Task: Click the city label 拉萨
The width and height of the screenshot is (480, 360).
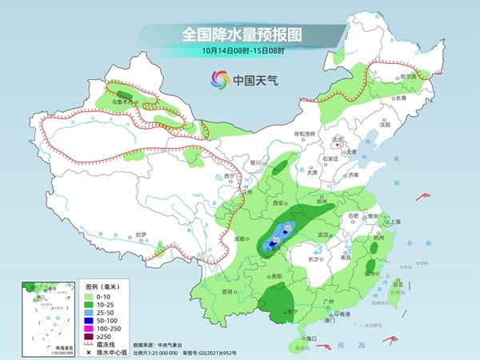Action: tap(141, 234)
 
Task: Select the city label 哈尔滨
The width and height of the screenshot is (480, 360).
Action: tap(408, 76)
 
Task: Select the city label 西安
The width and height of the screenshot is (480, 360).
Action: tap(279, 204)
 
